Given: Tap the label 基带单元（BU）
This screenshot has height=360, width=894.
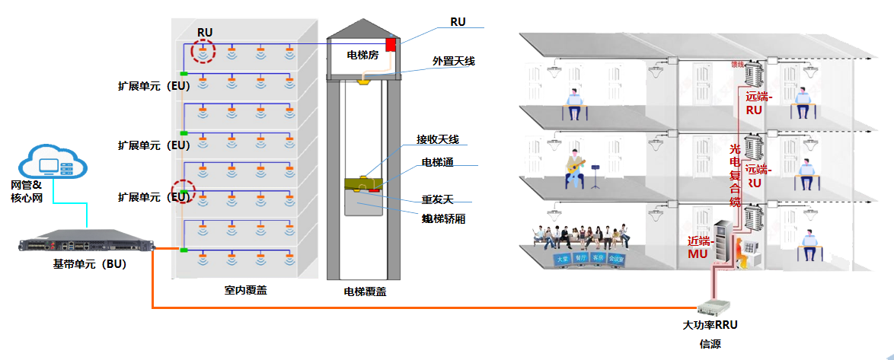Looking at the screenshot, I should tap(89, 265).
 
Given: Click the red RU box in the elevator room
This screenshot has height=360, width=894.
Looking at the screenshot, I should tap(391, 44).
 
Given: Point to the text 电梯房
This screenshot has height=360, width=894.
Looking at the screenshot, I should tap(362, 55).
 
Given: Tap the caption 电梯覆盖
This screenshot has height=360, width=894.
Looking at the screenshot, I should tap(365, 291).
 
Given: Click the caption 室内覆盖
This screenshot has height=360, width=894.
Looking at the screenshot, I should tap(246, 290).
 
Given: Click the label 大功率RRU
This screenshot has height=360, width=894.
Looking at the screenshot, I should tap(710, 325).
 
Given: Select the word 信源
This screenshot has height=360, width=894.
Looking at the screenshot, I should tap(710, 344).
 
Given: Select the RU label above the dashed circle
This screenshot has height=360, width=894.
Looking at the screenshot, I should tap(204, 32).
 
